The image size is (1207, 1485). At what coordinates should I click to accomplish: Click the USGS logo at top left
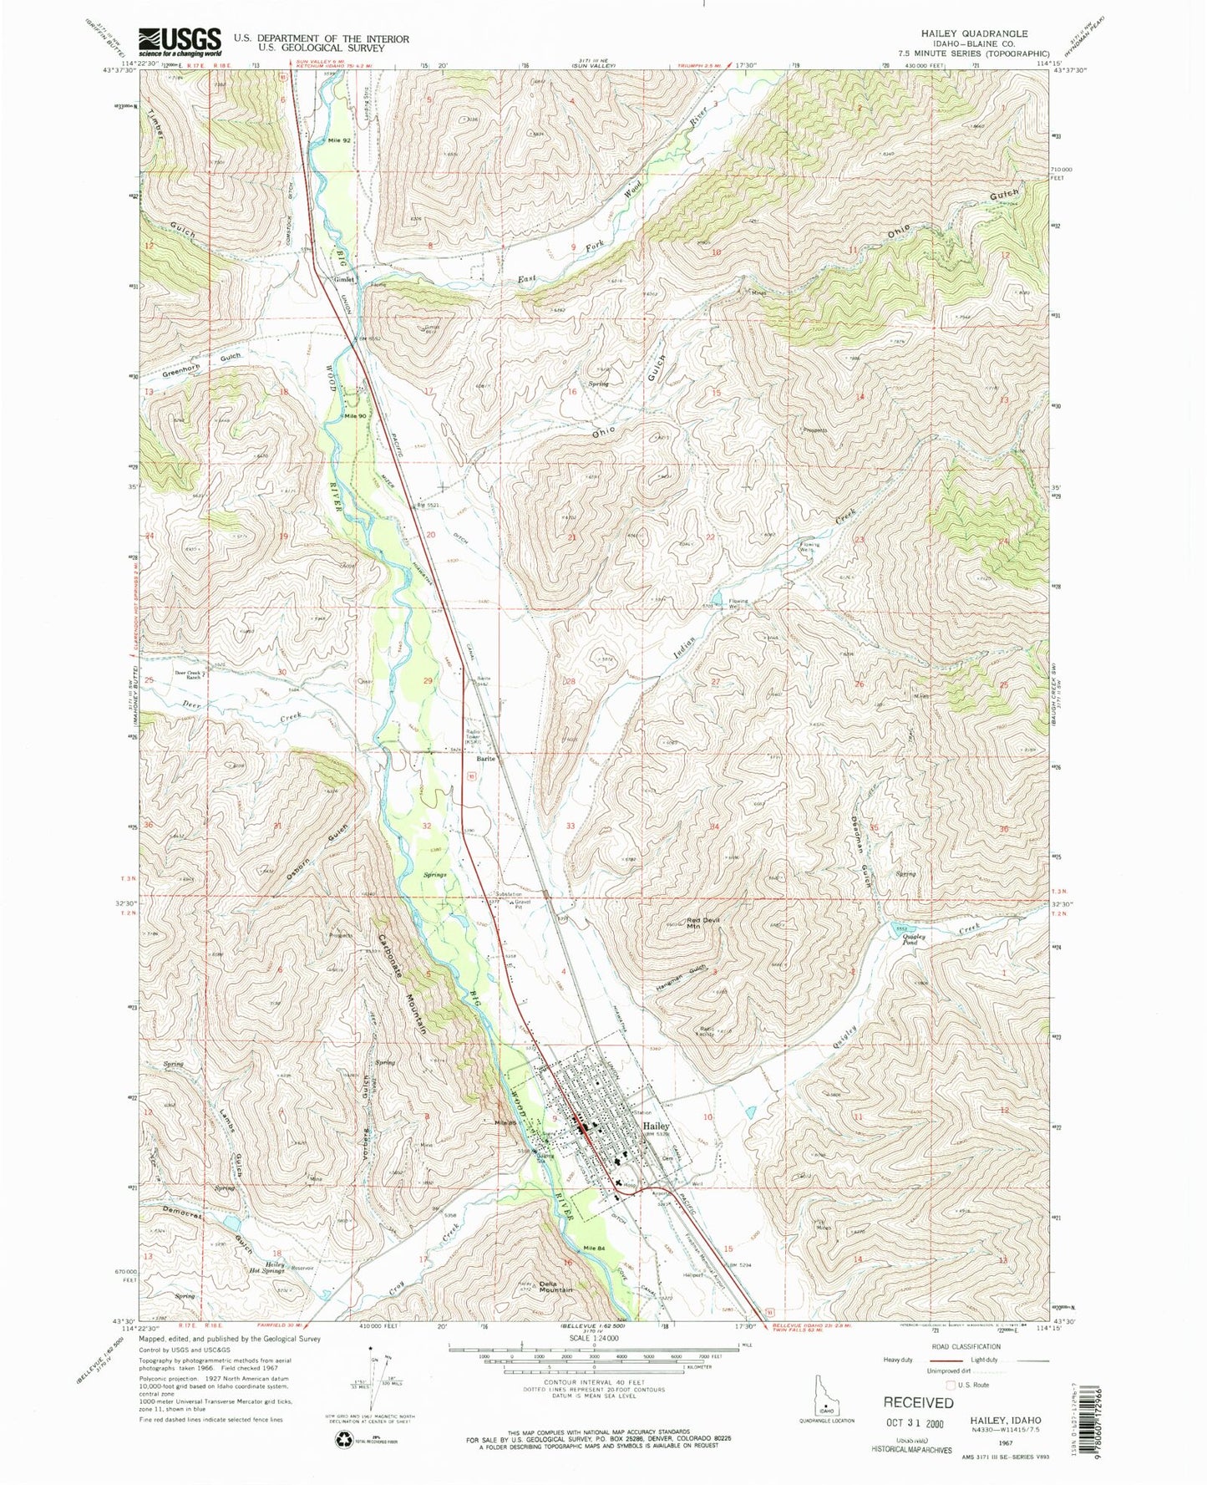(x=180, y=40)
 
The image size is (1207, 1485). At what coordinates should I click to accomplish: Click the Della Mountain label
(x=555, y=1288)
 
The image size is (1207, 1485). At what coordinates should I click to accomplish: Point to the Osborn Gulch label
(x=326, y=852)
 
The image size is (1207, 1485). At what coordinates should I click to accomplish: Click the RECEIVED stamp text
(x=918, y=1401)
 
